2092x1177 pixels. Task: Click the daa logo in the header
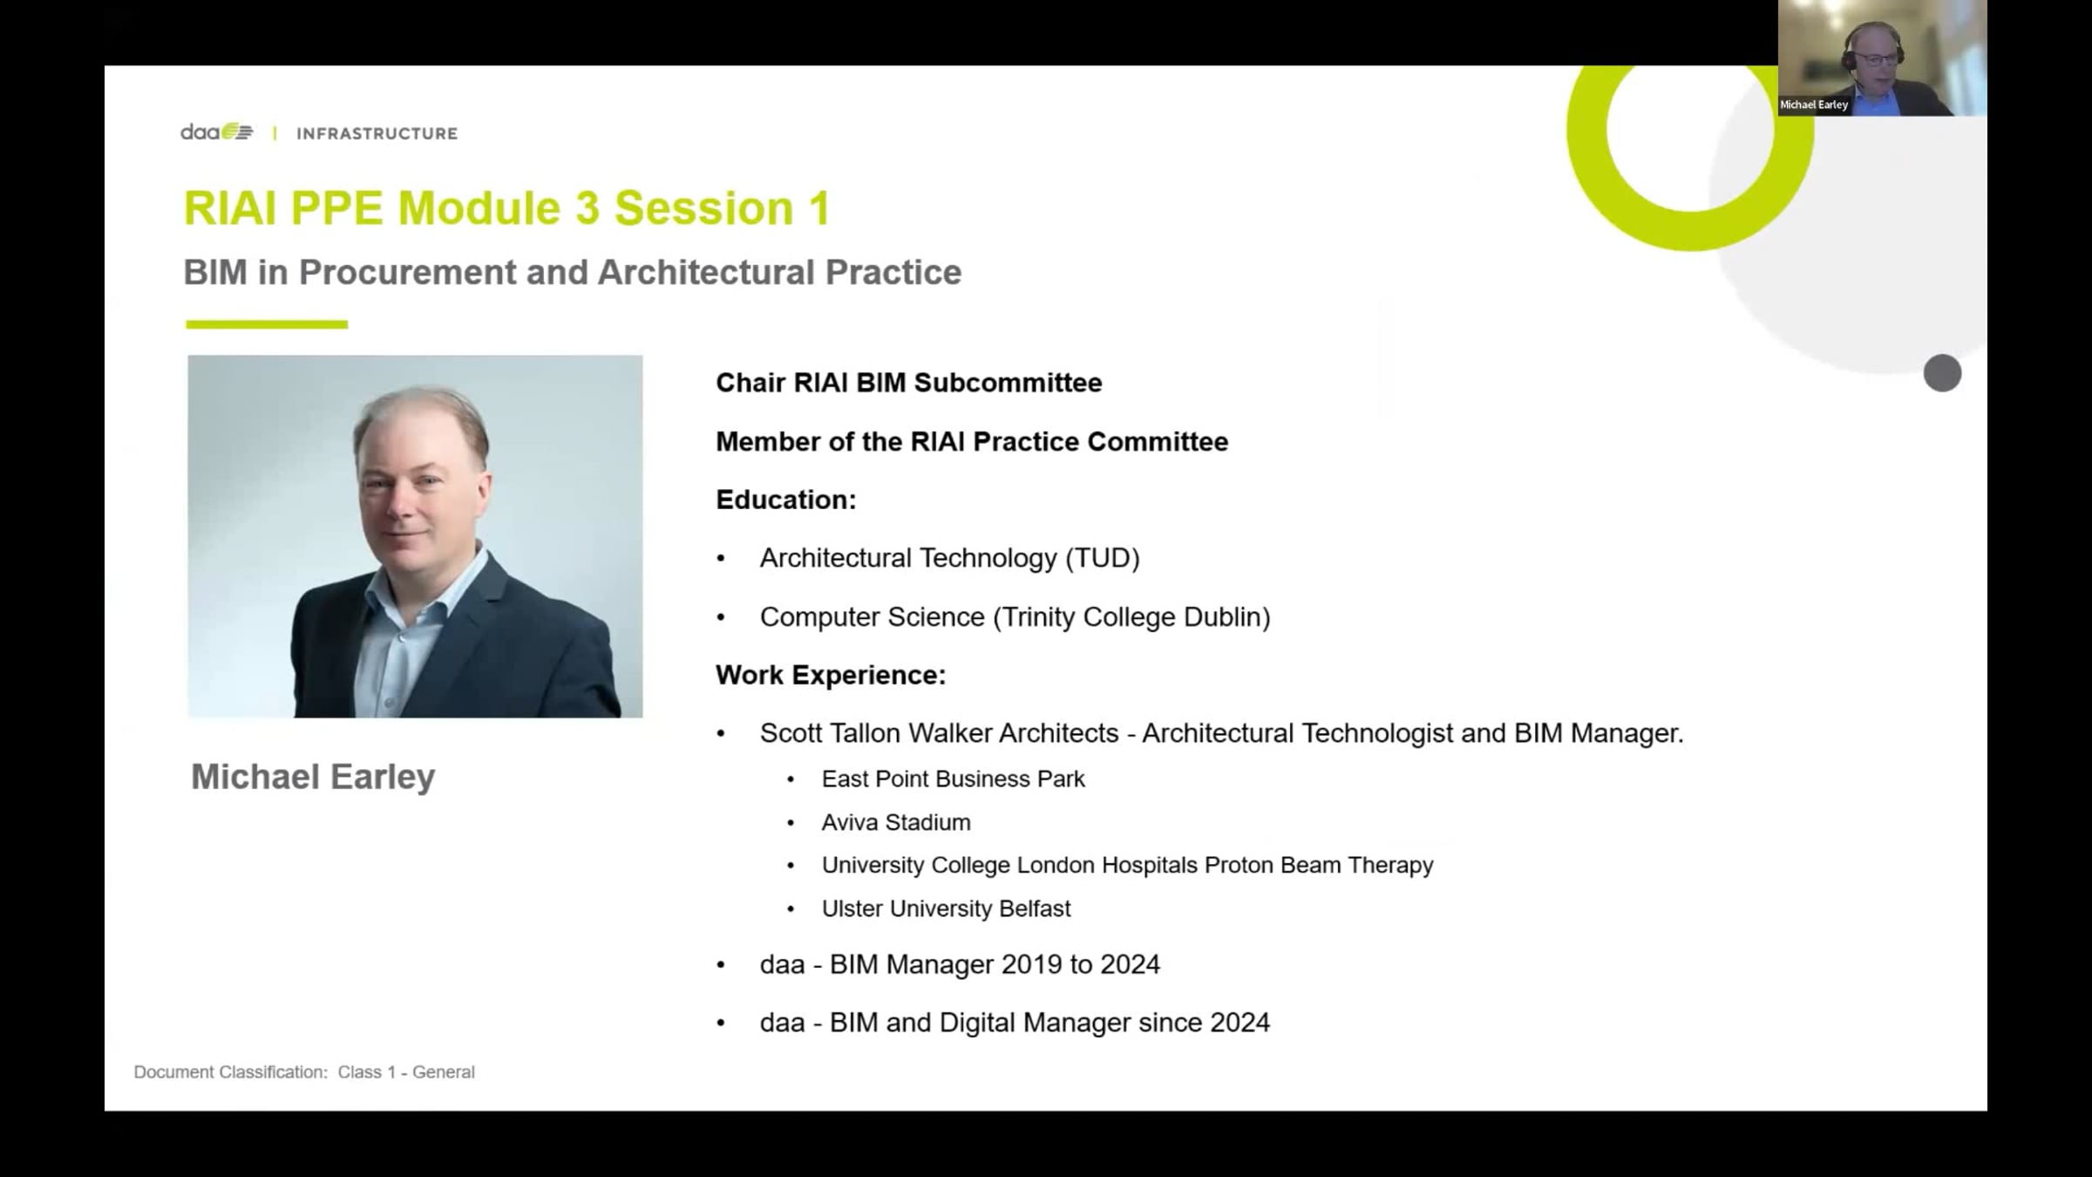point(217,133)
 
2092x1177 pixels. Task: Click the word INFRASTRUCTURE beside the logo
point(377,133)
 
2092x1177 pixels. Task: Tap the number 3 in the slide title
point(587,208)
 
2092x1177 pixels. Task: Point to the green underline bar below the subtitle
point(267,324)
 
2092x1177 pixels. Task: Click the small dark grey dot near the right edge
point(1942,373)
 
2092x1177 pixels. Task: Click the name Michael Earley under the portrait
point(313,777)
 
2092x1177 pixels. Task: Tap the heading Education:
point(786,500)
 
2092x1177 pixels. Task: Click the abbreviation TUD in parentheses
point(1103,558)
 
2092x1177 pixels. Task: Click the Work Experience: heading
point(831,675)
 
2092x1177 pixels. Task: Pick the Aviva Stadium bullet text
point(896,822)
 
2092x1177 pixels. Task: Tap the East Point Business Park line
point(953,779)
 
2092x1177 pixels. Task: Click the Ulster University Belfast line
point(946,908)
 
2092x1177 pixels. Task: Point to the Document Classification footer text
point(304,1072)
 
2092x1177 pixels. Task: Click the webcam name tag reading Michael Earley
point(1814,105)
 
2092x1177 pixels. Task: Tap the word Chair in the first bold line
point(751,383)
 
